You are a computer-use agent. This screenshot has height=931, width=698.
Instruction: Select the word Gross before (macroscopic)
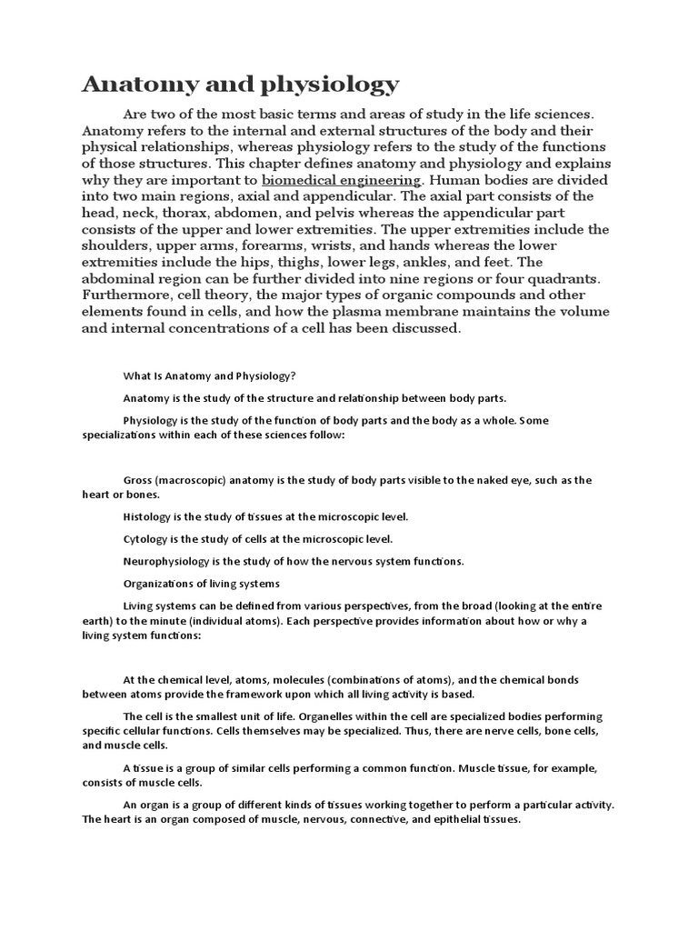point(138,479)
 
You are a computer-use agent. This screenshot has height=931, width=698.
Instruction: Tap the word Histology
point(147,516)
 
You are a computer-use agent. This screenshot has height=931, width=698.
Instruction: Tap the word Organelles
point(332,716)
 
